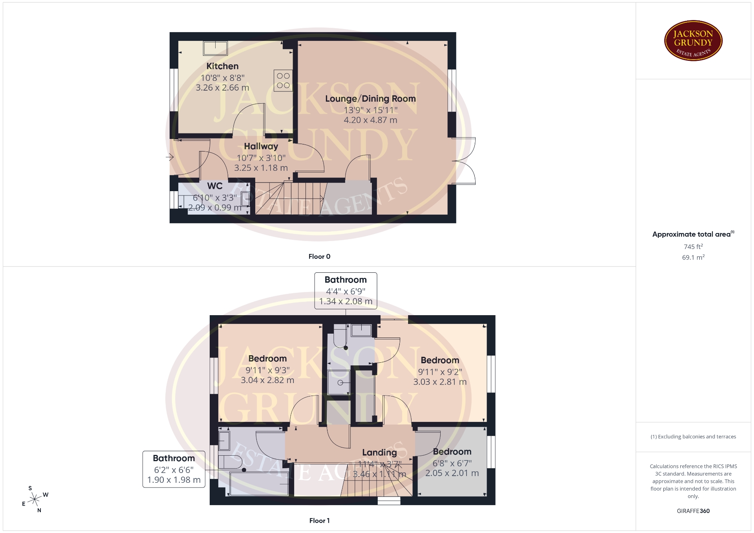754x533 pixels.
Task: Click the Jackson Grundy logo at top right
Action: (693, 41)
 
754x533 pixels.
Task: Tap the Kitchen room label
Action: (222, 66)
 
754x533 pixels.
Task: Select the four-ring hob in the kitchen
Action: (283, 80)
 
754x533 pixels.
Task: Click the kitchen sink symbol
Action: (215, 48)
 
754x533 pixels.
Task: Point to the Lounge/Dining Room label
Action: (370, 99)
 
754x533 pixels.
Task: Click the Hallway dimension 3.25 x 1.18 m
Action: (261, 168)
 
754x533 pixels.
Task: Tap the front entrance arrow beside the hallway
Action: (170, 157)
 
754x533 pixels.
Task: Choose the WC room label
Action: (215, 186)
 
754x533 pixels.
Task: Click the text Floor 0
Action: (319, 257)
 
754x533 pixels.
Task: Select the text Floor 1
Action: (319, 521)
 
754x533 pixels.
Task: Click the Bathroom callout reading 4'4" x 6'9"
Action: (346, 291)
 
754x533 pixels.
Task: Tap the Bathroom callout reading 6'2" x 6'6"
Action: (174, 469)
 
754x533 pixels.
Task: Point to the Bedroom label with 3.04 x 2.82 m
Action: (267, 359)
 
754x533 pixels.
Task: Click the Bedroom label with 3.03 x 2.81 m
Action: (440, 360)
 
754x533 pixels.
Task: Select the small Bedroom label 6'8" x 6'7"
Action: (452, 452)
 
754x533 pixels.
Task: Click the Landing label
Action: (379, 453)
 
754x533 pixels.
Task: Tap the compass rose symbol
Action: (35, 500)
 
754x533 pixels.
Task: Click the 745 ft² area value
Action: (693, 246)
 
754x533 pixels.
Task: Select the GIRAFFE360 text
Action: (693, 511)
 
